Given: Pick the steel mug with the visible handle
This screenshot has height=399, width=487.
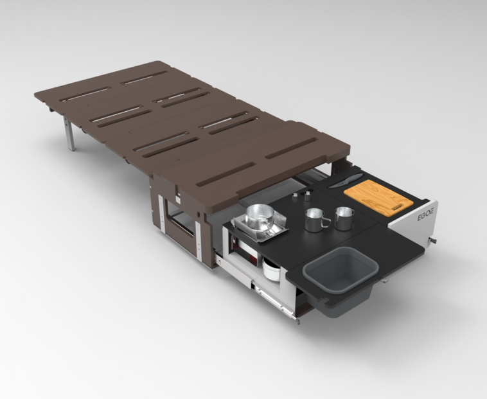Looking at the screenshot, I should click(x=315, y=220).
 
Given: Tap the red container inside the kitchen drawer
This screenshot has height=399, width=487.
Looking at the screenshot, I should click(x=248, y=250).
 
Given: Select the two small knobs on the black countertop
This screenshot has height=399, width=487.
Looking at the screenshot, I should click(x=301, y=192).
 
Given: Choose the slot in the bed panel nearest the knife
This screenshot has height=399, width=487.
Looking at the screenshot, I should click(x=292, y=149).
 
